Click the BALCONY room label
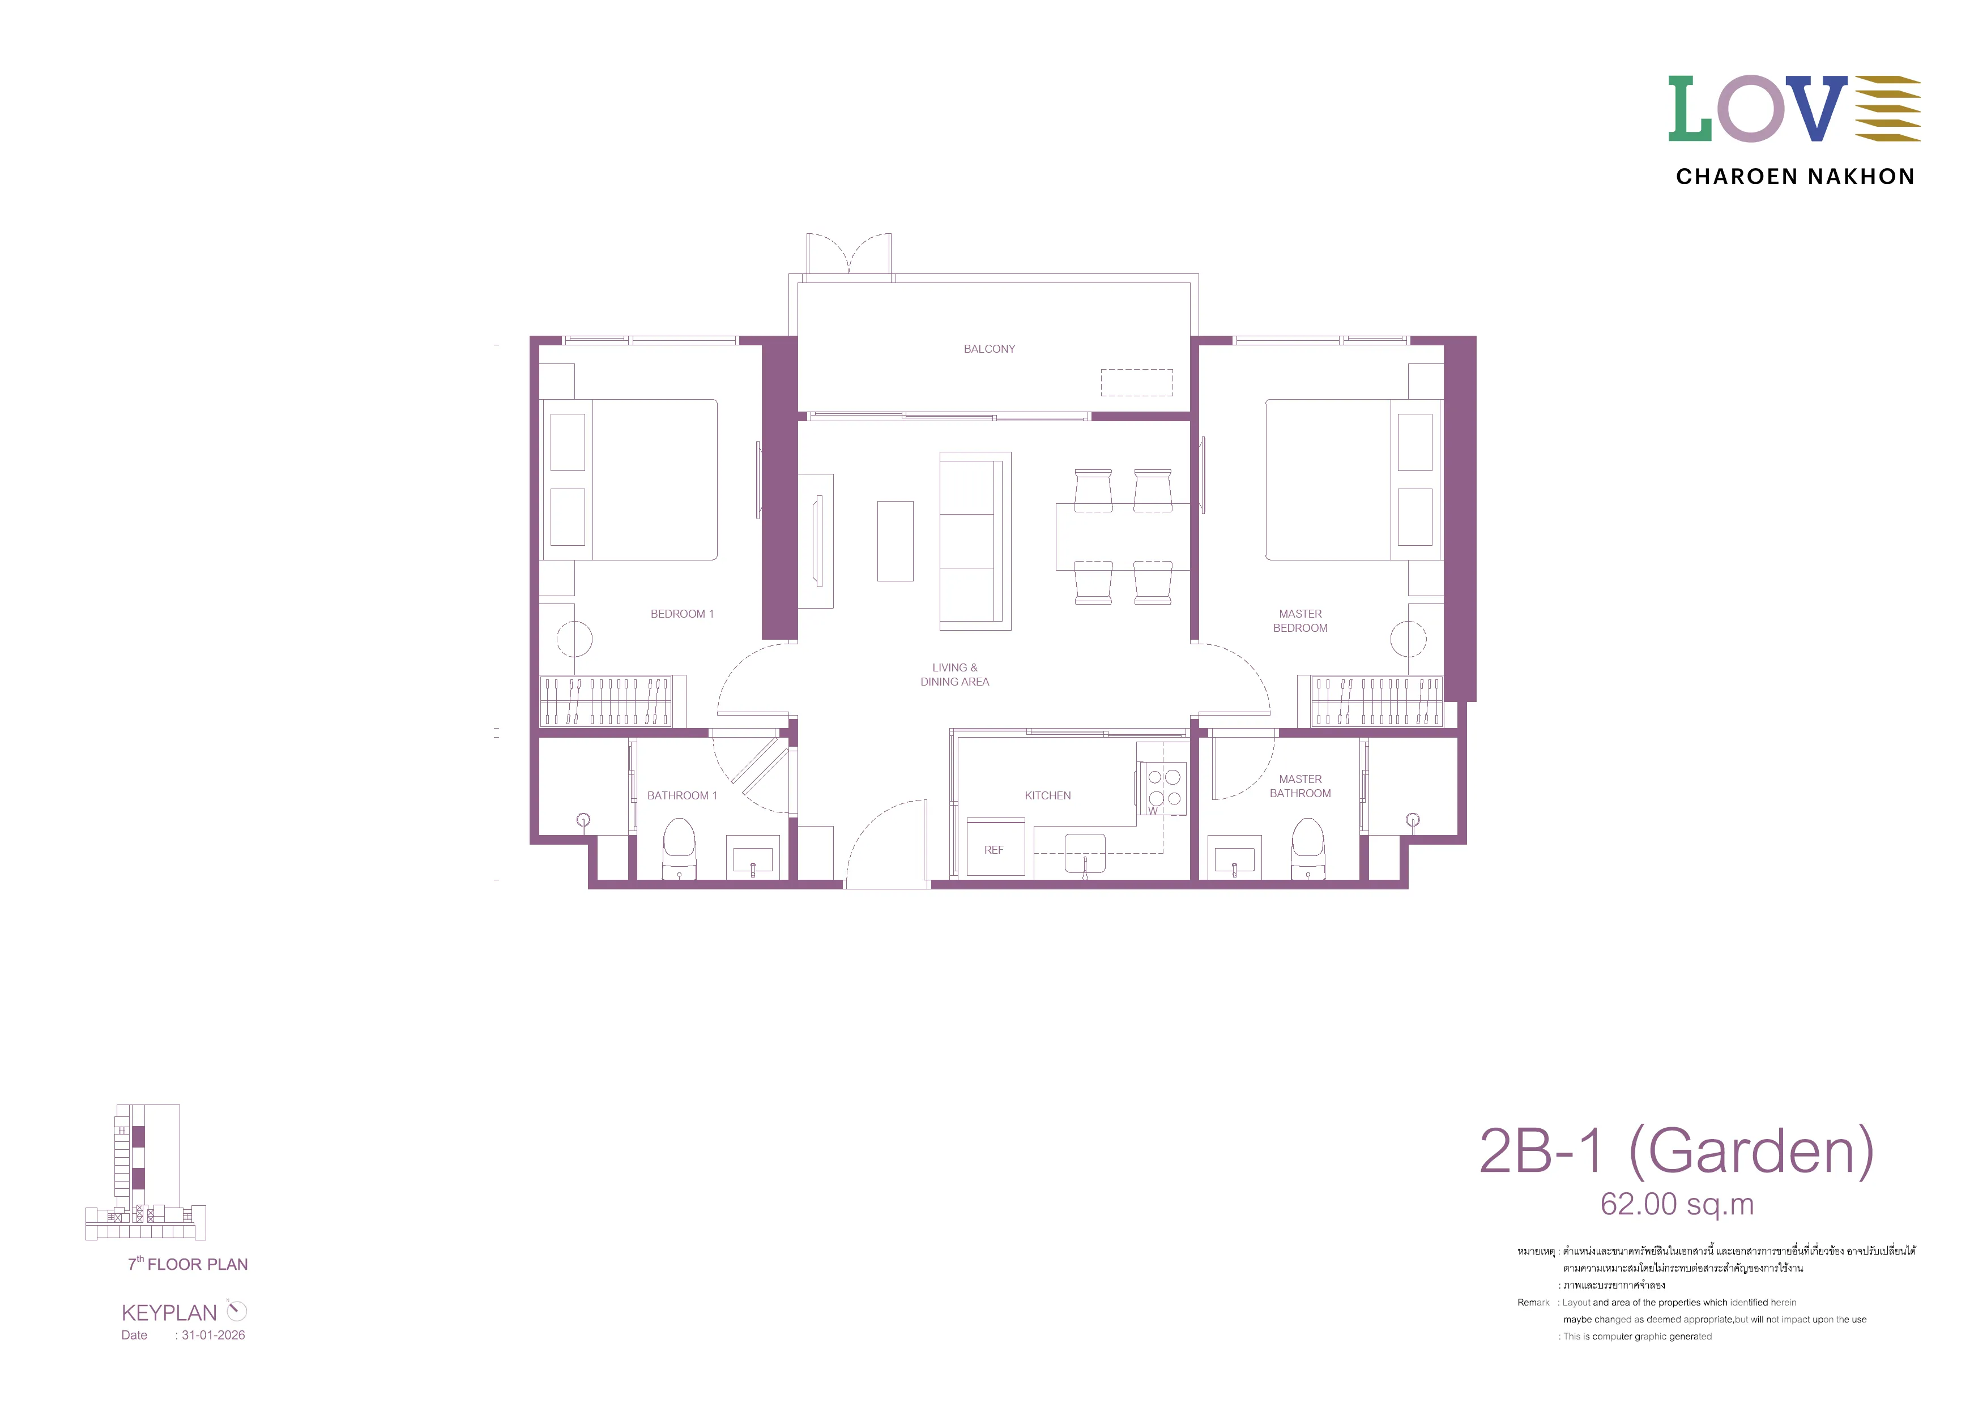pyautogui.click(x=989, y=349)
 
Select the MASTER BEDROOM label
pyautogui.click(x=1300, y=621)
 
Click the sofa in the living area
pyautogui.click(x=975, y=541)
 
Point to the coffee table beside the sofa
pyautogui.click(x=895, y=541)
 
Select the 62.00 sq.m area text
pyautogui.click(x=1676, y=1204)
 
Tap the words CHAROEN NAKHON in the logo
pyautogui.click(x=1795, y=177)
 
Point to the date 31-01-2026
pyautogui.click(x=213, y=1335)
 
